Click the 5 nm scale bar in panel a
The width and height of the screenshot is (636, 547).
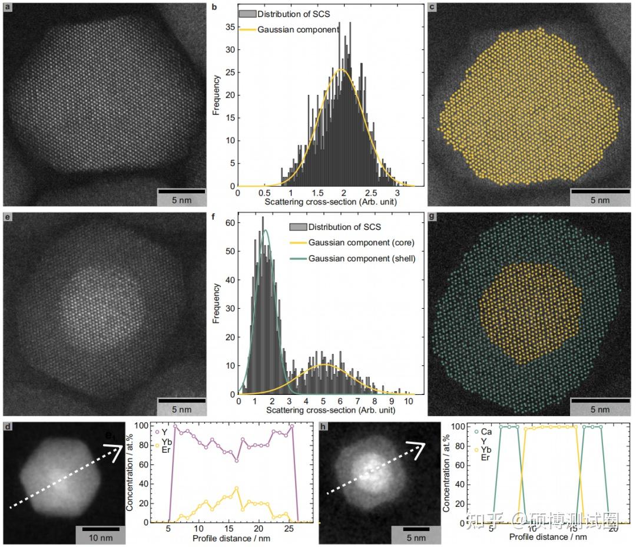pyautogui.click(x=181, y=191)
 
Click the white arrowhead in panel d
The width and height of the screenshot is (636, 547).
pyautogui.click(x=115, y=451)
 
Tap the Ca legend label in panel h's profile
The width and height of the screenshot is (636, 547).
pyautogui.click(x=487, y=432)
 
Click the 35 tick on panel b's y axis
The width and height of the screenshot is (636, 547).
pyautogui.click(x=229, y=27)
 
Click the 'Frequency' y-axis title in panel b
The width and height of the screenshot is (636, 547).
pyautogui.click(x=216, y=94)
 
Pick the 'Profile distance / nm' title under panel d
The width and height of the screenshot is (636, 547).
pyautogui.click(x=231, y=539)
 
